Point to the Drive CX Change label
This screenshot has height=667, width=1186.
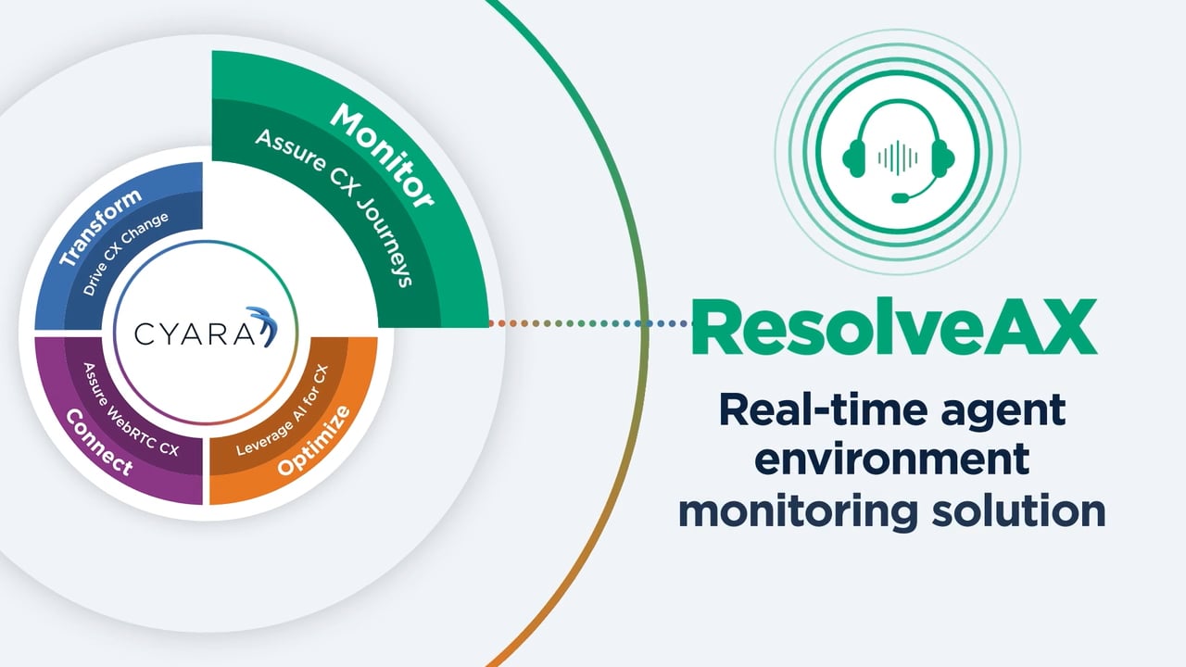pyautogui.click(x=125, y=255)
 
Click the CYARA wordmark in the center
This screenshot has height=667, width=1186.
pyautogui.click(x=190, y=332)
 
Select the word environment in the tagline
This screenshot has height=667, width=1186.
pyautogui.click(x=890, y=460)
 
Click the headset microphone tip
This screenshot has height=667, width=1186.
pyautogui.click(x=900, y=197)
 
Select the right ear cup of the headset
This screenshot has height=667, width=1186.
pyautogui.click(x=943, y=158)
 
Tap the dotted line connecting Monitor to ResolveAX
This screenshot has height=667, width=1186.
pyautogui.click(x=593, y=323)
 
